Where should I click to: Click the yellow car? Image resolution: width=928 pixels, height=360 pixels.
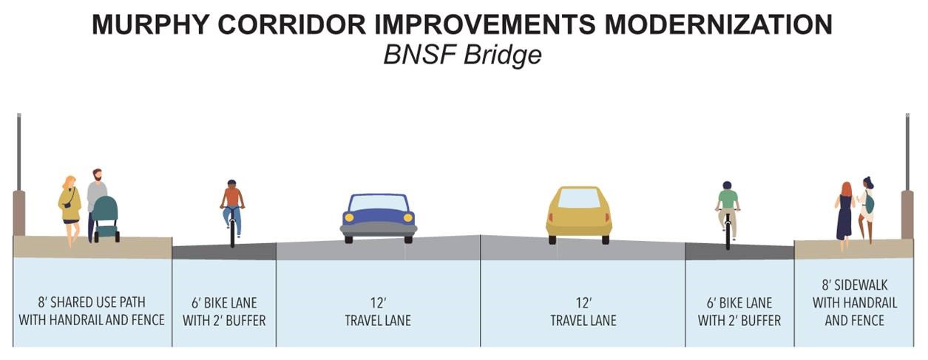pos(579,214)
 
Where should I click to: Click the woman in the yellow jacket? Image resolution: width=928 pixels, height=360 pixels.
pos(70,207)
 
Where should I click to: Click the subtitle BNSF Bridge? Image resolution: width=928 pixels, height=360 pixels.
pos(462,56)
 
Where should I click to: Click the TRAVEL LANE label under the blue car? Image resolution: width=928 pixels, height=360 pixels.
pos(378,321)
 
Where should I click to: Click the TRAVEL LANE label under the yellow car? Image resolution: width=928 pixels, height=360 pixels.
pos(583,321)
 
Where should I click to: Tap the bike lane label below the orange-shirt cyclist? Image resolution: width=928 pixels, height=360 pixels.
pos(224,312)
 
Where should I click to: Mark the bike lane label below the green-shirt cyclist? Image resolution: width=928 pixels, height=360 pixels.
pos(739,312)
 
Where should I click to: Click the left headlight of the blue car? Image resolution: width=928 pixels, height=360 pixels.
pos(348,218)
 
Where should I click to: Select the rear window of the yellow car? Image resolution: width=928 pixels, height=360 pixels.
pos(579,198)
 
